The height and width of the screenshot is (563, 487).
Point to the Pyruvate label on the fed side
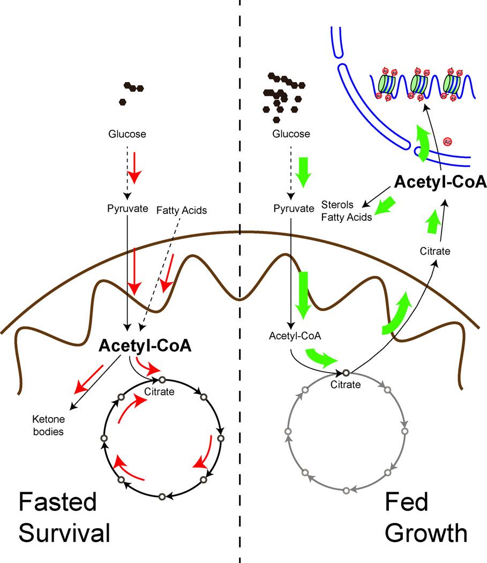tap(293, 209)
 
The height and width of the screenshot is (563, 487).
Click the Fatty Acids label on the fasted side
tap(182, 210)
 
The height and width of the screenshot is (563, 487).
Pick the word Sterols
tap(336, 204)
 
